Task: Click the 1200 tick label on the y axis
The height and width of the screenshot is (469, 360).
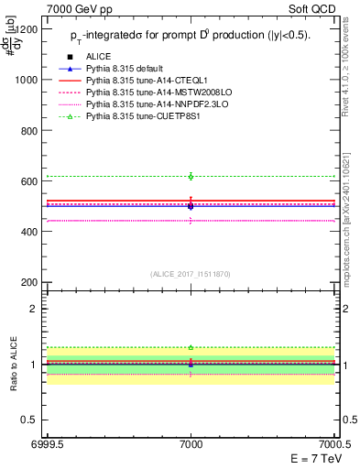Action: tap(26, 28)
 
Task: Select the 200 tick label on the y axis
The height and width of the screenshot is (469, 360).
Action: tap(29, 283)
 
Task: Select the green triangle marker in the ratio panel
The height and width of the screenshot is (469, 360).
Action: tap(191, 347)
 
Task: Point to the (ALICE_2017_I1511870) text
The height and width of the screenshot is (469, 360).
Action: tap(191, 273)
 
